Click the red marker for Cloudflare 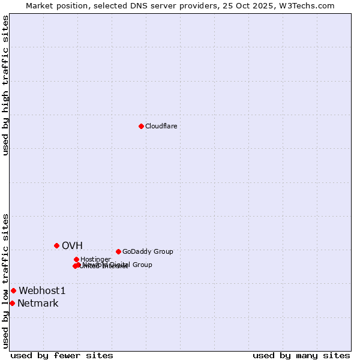[141, 126]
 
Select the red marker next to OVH [56, 245]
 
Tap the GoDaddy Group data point [118, 251]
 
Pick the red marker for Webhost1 [13, 290]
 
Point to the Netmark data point [12, 303]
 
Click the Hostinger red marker [76, 259]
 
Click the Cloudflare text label [161, 126]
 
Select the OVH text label [72, 245]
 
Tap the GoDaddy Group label [148, 251]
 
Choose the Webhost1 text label [42, 290]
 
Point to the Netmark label [38, 303]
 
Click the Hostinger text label [95, 259]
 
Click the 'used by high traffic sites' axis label [5, 85]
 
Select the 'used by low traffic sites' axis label [5, 281]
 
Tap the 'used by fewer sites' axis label [62, 355]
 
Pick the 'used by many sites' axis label [301, 355]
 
